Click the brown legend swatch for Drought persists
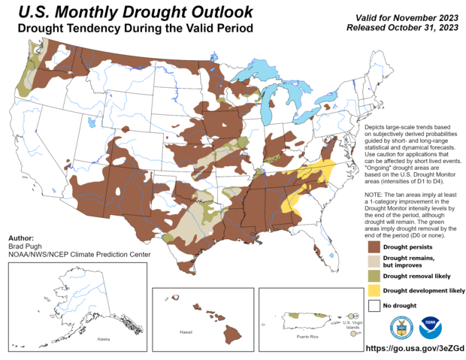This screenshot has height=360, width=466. tap(374, 247)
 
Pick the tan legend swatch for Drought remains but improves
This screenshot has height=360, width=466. tap(374, 261)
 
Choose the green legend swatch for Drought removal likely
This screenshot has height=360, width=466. tap(374, 276)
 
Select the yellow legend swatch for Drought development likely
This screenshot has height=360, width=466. tap(374, 291)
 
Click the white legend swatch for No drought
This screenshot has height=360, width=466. tap(374, 306)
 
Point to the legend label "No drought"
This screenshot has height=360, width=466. tap(401, 306)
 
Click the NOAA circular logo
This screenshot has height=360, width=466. tap(431, 327)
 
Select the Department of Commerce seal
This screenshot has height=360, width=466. tap(401, 327)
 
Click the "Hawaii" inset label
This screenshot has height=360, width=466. tap(186, 331)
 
